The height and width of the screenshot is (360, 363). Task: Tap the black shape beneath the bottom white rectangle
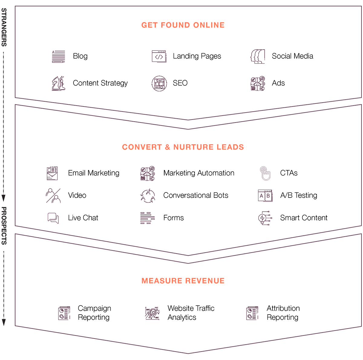click(194, 315)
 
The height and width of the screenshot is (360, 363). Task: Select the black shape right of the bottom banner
click(290, 303)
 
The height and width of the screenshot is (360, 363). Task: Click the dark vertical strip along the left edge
click(5, 182)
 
